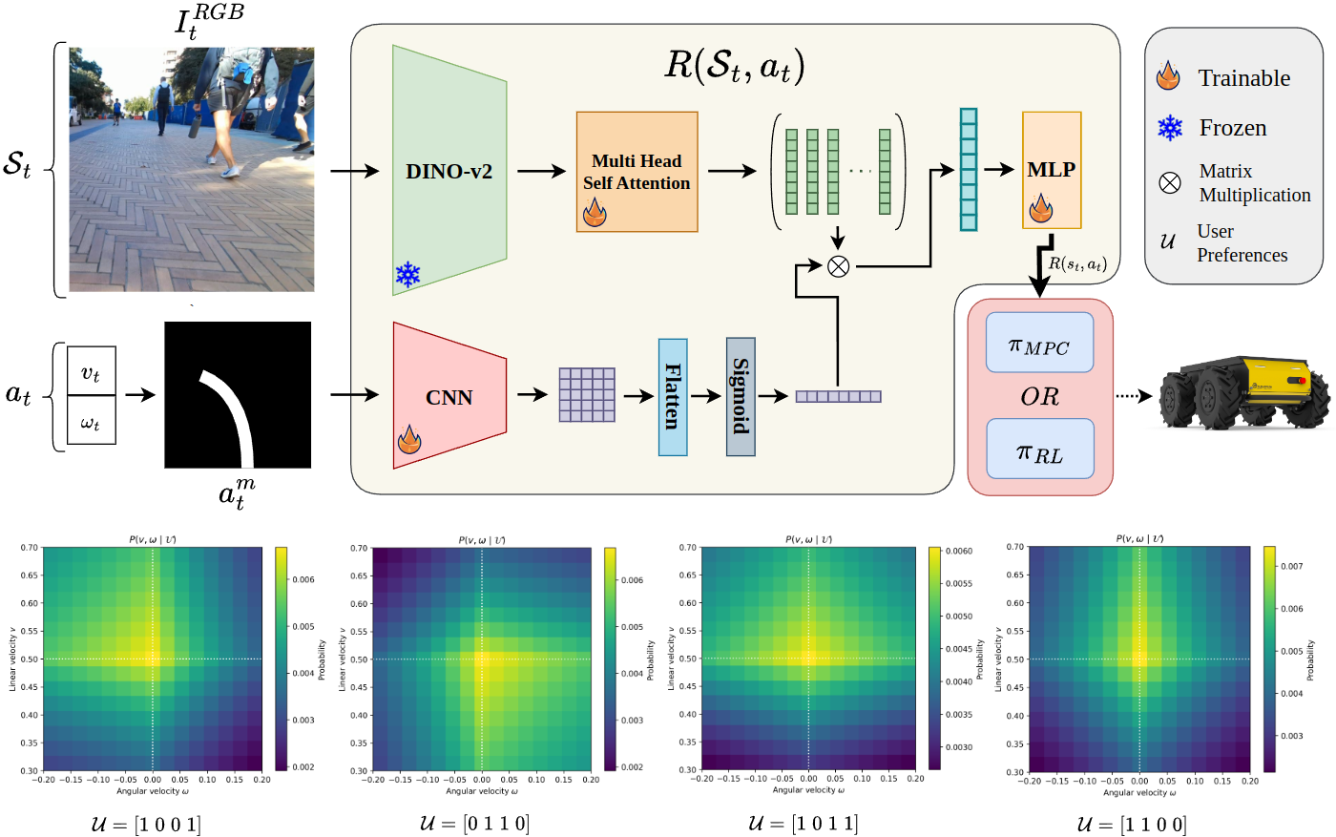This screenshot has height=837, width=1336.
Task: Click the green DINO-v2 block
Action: (x=449, y=172)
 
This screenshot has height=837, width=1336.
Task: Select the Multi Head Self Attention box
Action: (x=637, y=172)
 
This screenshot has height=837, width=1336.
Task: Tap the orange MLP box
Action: (x=1051, y=170)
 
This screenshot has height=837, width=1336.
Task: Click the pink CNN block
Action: (x=449, y=397)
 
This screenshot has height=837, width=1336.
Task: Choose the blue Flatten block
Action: (x=673, y=397)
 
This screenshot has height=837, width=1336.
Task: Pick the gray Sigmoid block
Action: (x=741, y=397)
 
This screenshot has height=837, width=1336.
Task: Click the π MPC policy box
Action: (x=1039, y=344)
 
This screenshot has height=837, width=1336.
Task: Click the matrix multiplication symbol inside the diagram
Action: (x=838, y=266)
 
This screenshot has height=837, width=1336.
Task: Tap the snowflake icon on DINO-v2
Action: (x=408, y=275)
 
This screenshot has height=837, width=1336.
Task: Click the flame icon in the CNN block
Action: (x=409, y=440)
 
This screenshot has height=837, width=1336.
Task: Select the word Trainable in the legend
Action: (x=1243, y=78)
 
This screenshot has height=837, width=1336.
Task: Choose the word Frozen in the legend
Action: (x=1232, y=128)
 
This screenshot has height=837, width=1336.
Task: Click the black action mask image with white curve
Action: (x=238, y=395)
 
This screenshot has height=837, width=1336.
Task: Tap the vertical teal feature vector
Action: (x=969, y=170)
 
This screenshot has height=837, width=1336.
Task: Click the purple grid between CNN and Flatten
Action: (x=587, y=395)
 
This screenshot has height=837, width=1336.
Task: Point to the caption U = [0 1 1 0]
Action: (x=474, y=823)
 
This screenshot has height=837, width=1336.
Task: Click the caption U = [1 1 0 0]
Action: (x=1132, y=824)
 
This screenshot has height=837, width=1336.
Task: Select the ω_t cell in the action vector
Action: (x=91, y=421)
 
